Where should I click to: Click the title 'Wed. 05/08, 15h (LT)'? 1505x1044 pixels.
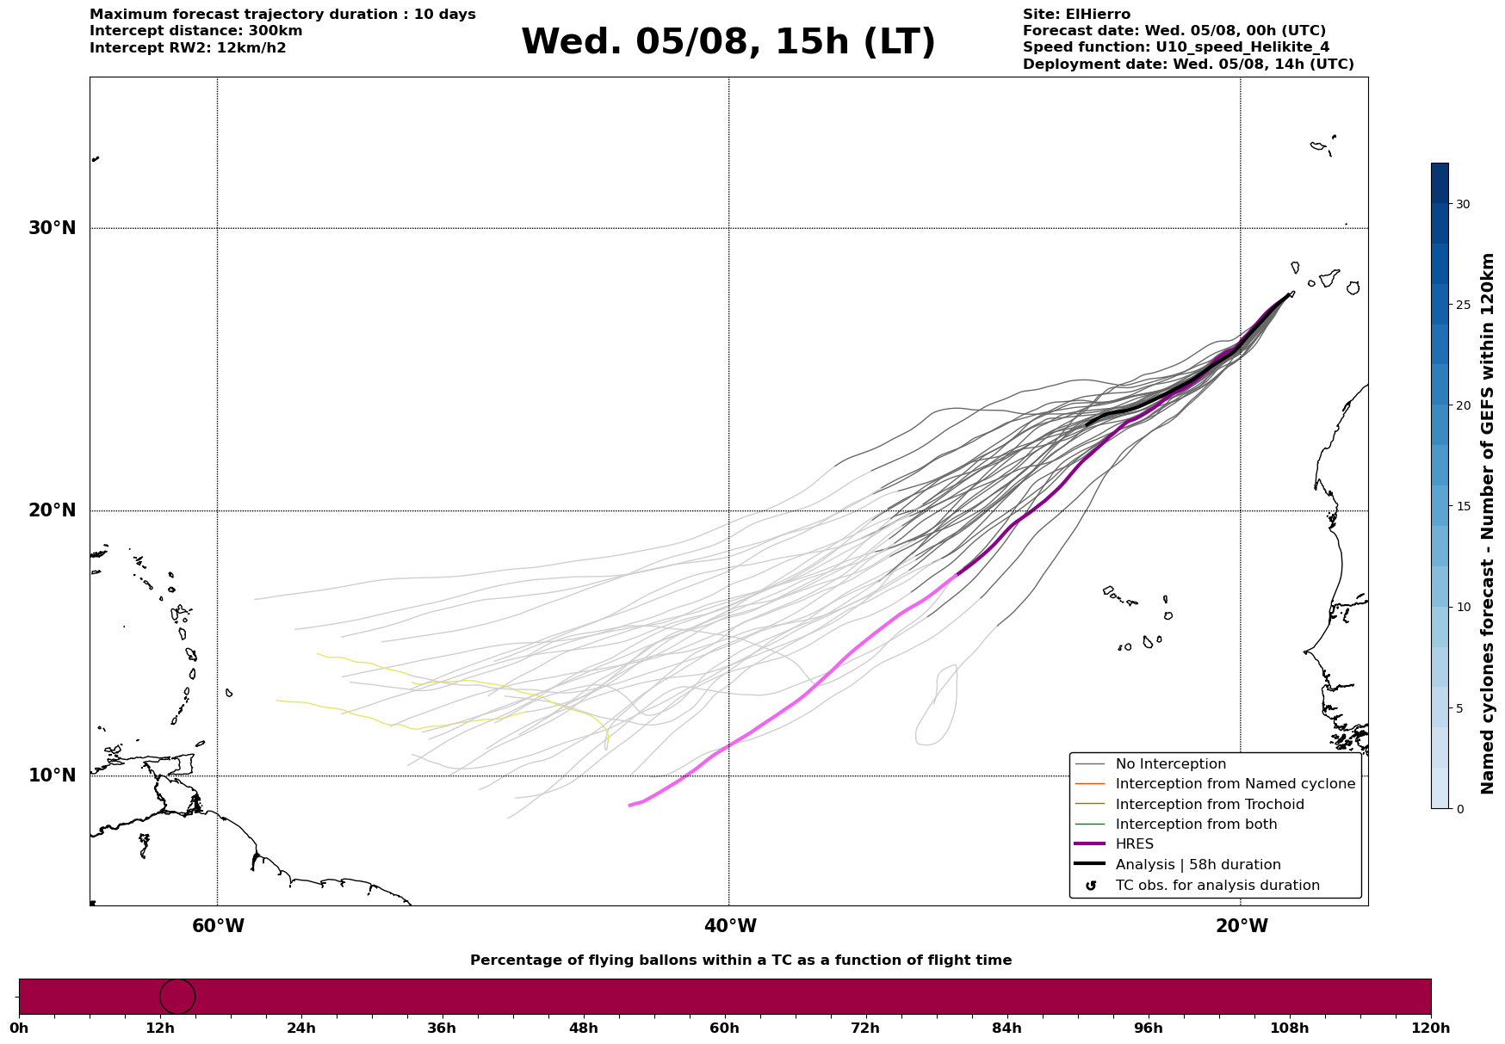pyautogui.click(x=728, y=42)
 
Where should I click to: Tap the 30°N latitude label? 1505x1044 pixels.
pyautogui.click(x=52, y=228)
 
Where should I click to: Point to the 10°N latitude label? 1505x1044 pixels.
pyautogui.click(x=52, y=775)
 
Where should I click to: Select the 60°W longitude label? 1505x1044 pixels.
pyautogui.click(x=218, y=926)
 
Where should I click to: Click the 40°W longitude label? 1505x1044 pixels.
pyautogui.click(x=730, y=926)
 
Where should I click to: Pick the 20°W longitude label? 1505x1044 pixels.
pyautogui.click(x=1242, y=926)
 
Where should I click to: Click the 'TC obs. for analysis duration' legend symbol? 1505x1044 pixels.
pyautogui.click(x=1091, y=886)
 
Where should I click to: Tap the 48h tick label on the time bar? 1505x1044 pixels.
pyautogui.click(x=584, y=1028)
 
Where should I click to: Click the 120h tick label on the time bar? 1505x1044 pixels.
pyautogui.click(x=1431, y=1028)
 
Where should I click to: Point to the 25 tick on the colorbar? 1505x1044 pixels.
pyautogui.click(x=1463, y=305)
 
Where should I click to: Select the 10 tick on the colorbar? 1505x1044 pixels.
pyautogui.click(x=1463, y=607)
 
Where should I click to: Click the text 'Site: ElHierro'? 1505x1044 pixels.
pyautogui.click(x=1076, y=15)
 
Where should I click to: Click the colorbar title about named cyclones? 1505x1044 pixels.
pyautogui.click(x=1487, y=523)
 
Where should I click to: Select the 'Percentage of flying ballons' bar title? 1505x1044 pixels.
pyautogui.click(x=740, y=961)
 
